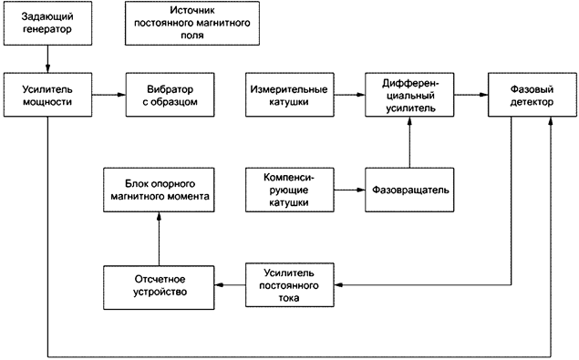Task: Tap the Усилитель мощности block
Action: click(47, 95)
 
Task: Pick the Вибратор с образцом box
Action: click(171, 95)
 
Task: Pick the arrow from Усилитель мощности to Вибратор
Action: click(108, 95)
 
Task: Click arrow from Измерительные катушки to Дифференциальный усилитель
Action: click(349, 95)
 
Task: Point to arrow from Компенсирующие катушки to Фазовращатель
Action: click(349, 190)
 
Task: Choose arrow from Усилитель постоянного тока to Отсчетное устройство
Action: click(231, 285)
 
